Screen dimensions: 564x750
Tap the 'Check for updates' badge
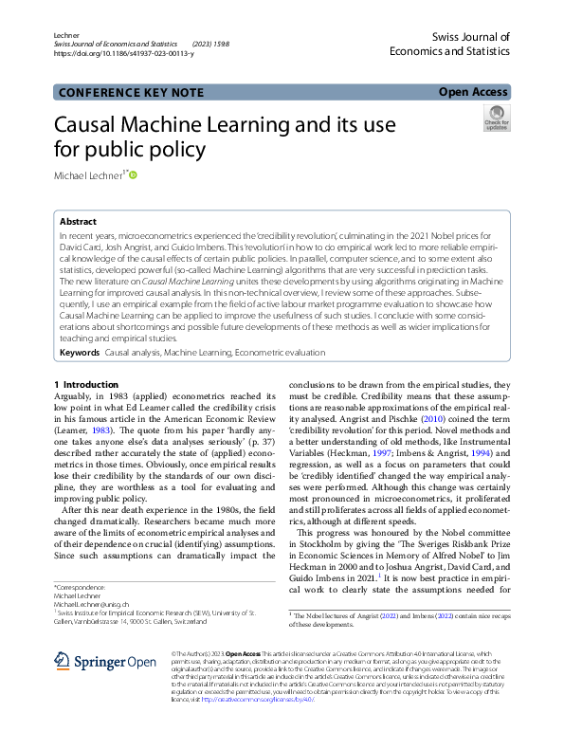(x=497, y=119)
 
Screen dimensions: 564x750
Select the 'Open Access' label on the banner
(x=474, y=93)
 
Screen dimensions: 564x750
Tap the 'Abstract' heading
(x=78, y=221)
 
